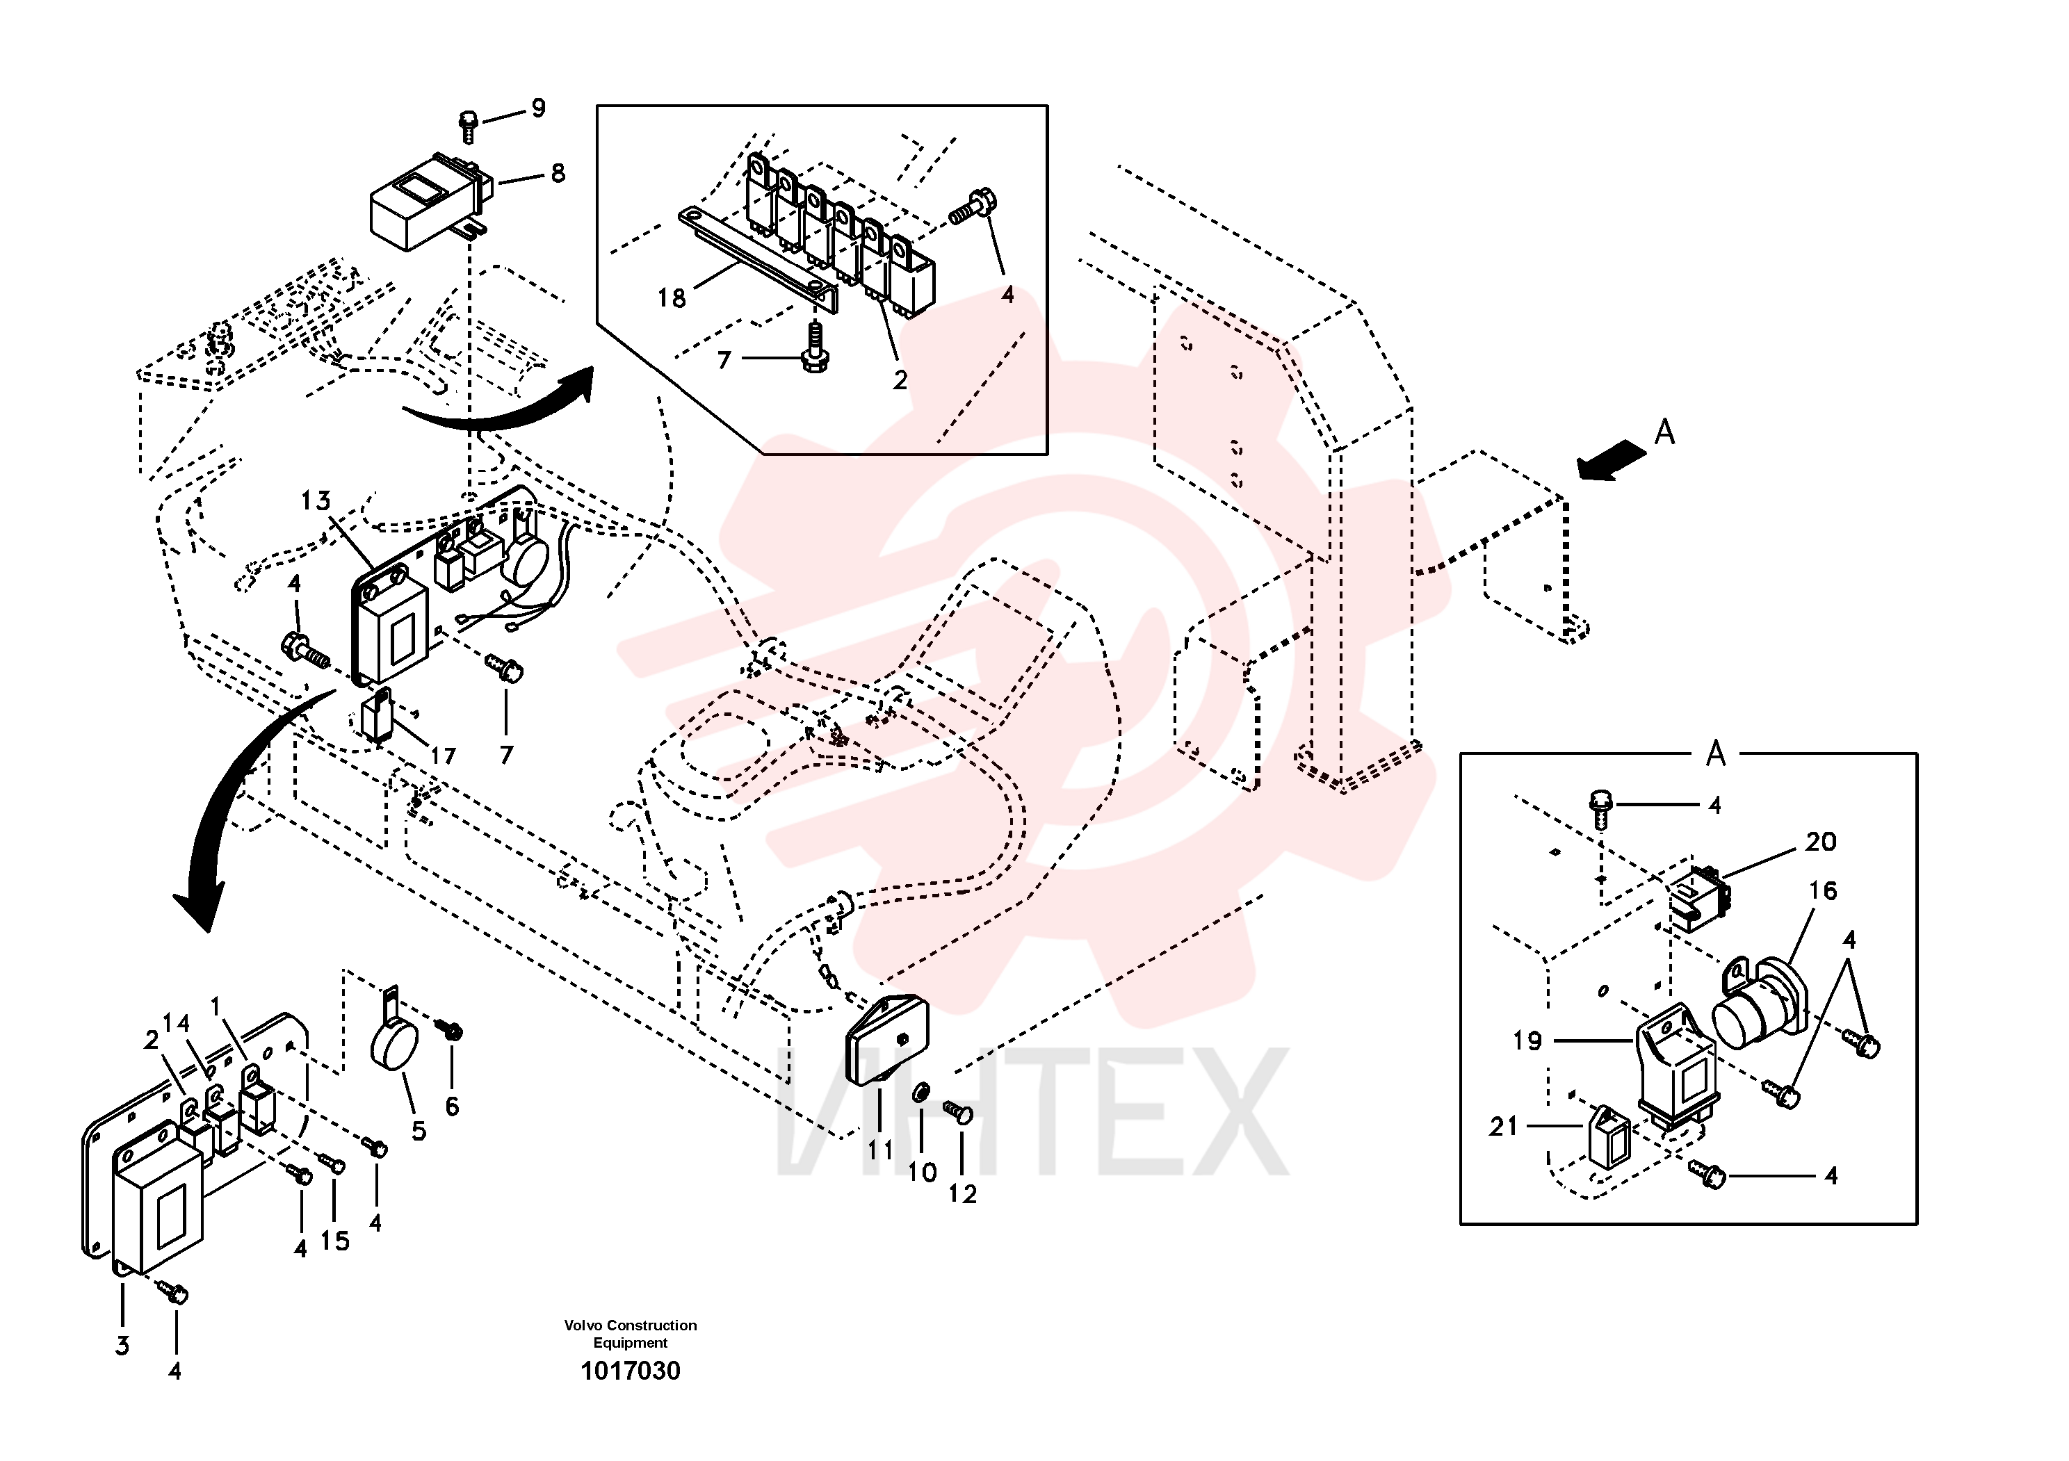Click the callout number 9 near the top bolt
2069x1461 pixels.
538,108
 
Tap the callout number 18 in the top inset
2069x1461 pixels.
672,298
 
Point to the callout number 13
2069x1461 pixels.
316,501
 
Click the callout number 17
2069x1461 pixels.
442,756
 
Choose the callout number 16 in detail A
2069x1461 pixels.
1822,891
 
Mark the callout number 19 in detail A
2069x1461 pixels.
1527,1041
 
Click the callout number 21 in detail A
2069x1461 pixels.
1504,1126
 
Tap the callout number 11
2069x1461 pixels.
880,1150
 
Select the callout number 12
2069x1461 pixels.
962,1194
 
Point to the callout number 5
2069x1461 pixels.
419,1130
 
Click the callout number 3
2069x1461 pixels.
122,1346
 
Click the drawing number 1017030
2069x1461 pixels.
631,1371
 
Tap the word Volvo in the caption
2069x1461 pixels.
583,1325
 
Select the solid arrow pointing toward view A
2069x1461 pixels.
1612,460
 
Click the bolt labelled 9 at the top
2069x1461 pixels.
469,126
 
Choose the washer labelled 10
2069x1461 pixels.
922,1093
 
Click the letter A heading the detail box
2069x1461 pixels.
1716,753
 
